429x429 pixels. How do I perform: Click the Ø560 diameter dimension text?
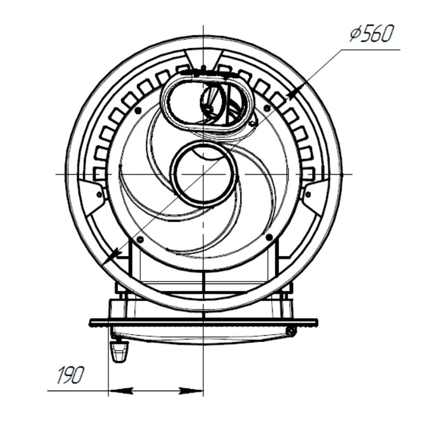coord(372,33)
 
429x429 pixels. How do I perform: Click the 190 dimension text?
coord(70,375)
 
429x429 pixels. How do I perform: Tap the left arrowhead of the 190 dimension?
coord(121,391)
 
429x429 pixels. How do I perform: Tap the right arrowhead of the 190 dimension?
coord(191,391)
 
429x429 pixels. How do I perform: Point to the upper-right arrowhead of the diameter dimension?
coord(295,93)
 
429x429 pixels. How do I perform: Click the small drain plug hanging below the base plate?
coord(118,351)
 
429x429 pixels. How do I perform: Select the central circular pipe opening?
coord(204,174)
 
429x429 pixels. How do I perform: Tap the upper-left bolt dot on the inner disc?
coord(138,110)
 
